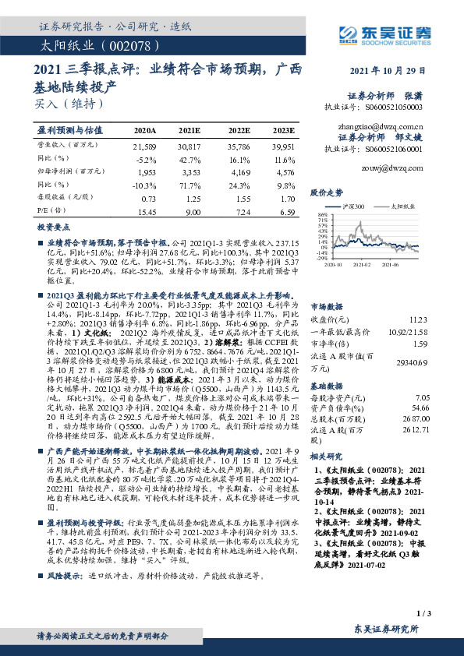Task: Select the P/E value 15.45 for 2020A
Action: click(x=147, y=212)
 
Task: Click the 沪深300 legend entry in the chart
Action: click(x=350, y=206)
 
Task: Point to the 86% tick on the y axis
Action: click(x=321, y=213)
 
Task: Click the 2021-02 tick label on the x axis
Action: click(x=363, y=266)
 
